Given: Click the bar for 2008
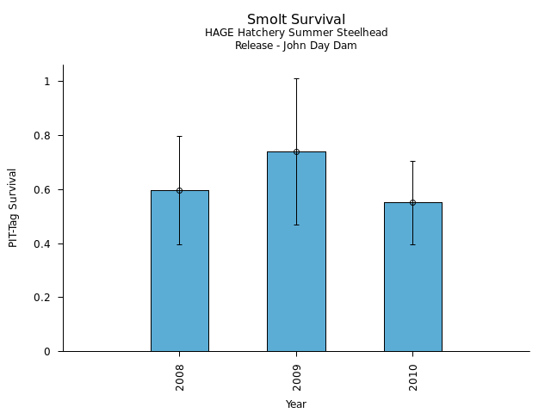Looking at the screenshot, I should [179, 271].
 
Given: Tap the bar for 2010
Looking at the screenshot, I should [412, 277].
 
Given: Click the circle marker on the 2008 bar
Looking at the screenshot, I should [179, 190].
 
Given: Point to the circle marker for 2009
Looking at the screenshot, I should [296, 151].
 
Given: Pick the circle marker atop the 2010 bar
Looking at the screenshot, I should [412, 202].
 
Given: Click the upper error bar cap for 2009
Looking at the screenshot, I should [296, 78].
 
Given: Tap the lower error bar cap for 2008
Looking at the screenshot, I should [179, 244].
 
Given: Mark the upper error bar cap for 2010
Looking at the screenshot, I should [412, 161].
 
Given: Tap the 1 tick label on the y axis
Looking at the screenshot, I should [49, 82].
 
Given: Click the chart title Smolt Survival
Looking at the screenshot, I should [296, 20].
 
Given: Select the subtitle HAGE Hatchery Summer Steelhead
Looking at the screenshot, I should [296, 33].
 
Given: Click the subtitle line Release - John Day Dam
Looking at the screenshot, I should [296, 46].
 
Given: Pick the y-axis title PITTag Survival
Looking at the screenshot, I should [13, 207].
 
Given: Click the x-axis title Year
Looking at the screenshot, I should [296, 404].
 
